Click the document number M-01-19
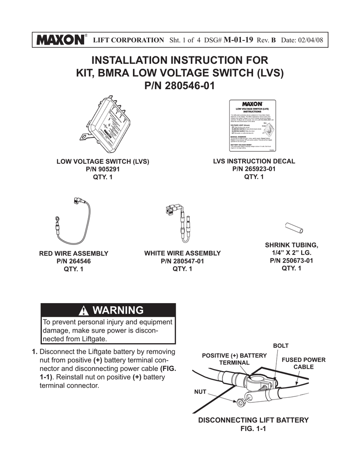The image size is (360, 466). coord(239,40)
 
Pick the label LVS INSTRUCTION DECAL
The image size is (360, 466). coord(254,161)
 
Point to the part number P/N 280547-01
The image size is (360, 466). coord(182,261)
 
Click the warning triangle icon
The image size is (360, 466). coord(84,311)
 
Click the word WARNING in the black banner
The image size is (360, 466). coord(117,310)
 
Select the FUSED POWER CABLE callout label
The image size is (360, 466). coord(304,363)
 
